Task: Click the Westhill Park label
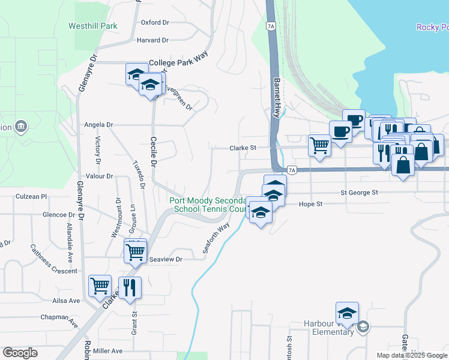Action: click(x=92, y=26)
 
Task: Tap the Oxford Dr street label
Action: click(x=155, y=22)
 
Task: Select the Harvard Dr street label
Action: click(x=152, y=40)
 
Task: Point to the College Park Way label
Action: click(x=178, y=62)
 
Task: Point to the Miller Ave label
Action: click(x=108, y=351)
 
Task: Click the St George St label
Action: click(x=358, y=193)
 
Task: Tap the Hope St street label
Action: click(x=311, y=204)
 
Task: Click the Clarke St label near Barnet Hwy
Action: click(x=243, y=147)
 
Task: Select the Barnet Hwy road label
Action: click(x=277, y=98)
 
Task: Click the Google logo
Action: click(x=21, y=353)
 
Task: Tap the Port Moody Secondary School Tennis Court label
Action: click(x=208, y=205)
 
